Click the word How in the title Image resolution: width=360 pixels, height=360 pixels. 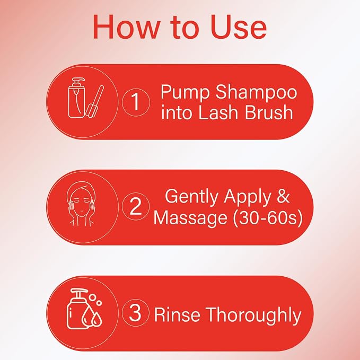click(x=126, y=27)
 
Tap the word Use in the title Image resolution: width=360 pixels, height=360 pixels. click(x=239, y=27)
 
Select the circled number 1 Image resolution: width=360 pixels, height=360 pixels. click(x=136, y=102)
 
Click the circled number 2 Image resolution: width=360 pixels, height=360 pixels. click(x=136, y=206)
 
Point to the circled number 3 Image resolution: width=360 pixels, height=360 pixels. click(x=135, y=312)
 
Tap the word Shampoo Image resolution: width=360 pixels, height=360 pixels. click(x=257, y=92)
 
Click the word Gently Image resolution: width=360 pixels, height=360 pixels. click(x=192, y=197)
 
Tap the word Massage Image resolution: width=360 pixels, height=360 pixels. click(x=190, y=217)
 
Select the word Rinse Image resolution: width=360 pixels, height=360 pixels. click(x=177, y=314)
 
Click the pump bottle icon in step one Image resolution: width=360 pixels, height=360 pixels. click(x=76, y=98)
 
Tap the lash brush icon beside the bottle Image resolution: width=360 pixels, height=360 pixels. click(x=94, y=101)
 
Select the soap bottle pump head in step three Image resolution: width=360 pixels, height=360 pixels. click(x=79, y=293)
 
